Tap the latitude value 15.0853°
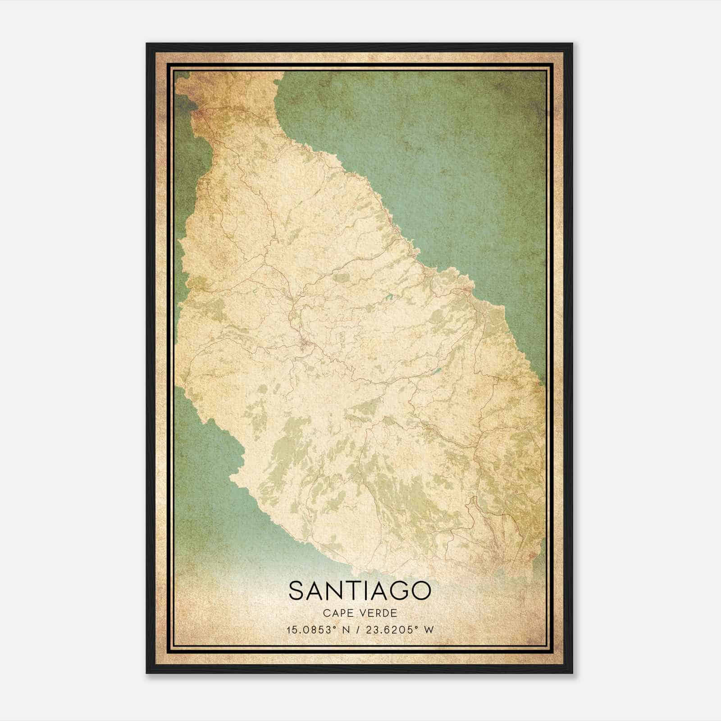310,630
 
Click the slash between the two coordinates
358,630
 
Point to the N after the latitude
347,630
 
